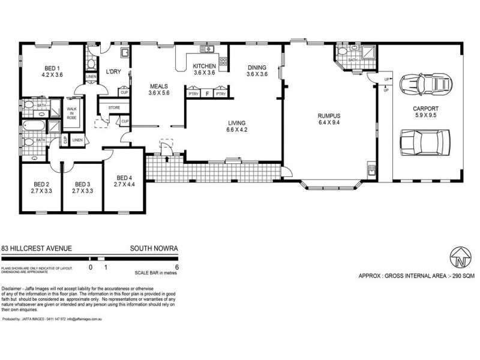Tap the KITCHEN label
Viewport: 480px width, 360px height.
click(x=204, y=65)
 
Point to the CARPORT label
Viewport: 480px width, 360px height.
click(x=426, y=109)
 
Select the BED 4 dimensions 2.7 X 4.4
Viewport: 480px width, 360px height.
click(x=124, y=185)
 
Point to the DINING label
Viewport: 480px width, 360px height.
click(x=256, y=67)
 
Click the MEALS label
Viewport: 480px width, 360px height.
click(x=160, y=86)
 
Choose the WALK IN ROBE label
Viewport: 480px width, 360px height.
click(x=72, y=113)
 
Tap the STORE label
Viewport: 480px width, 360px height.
click(x=114, y=108)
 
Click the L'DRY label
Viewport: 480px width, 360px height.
click(x=114, y=72)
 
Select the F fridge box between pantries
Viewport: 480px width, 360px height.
click(x=207, y=94)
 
